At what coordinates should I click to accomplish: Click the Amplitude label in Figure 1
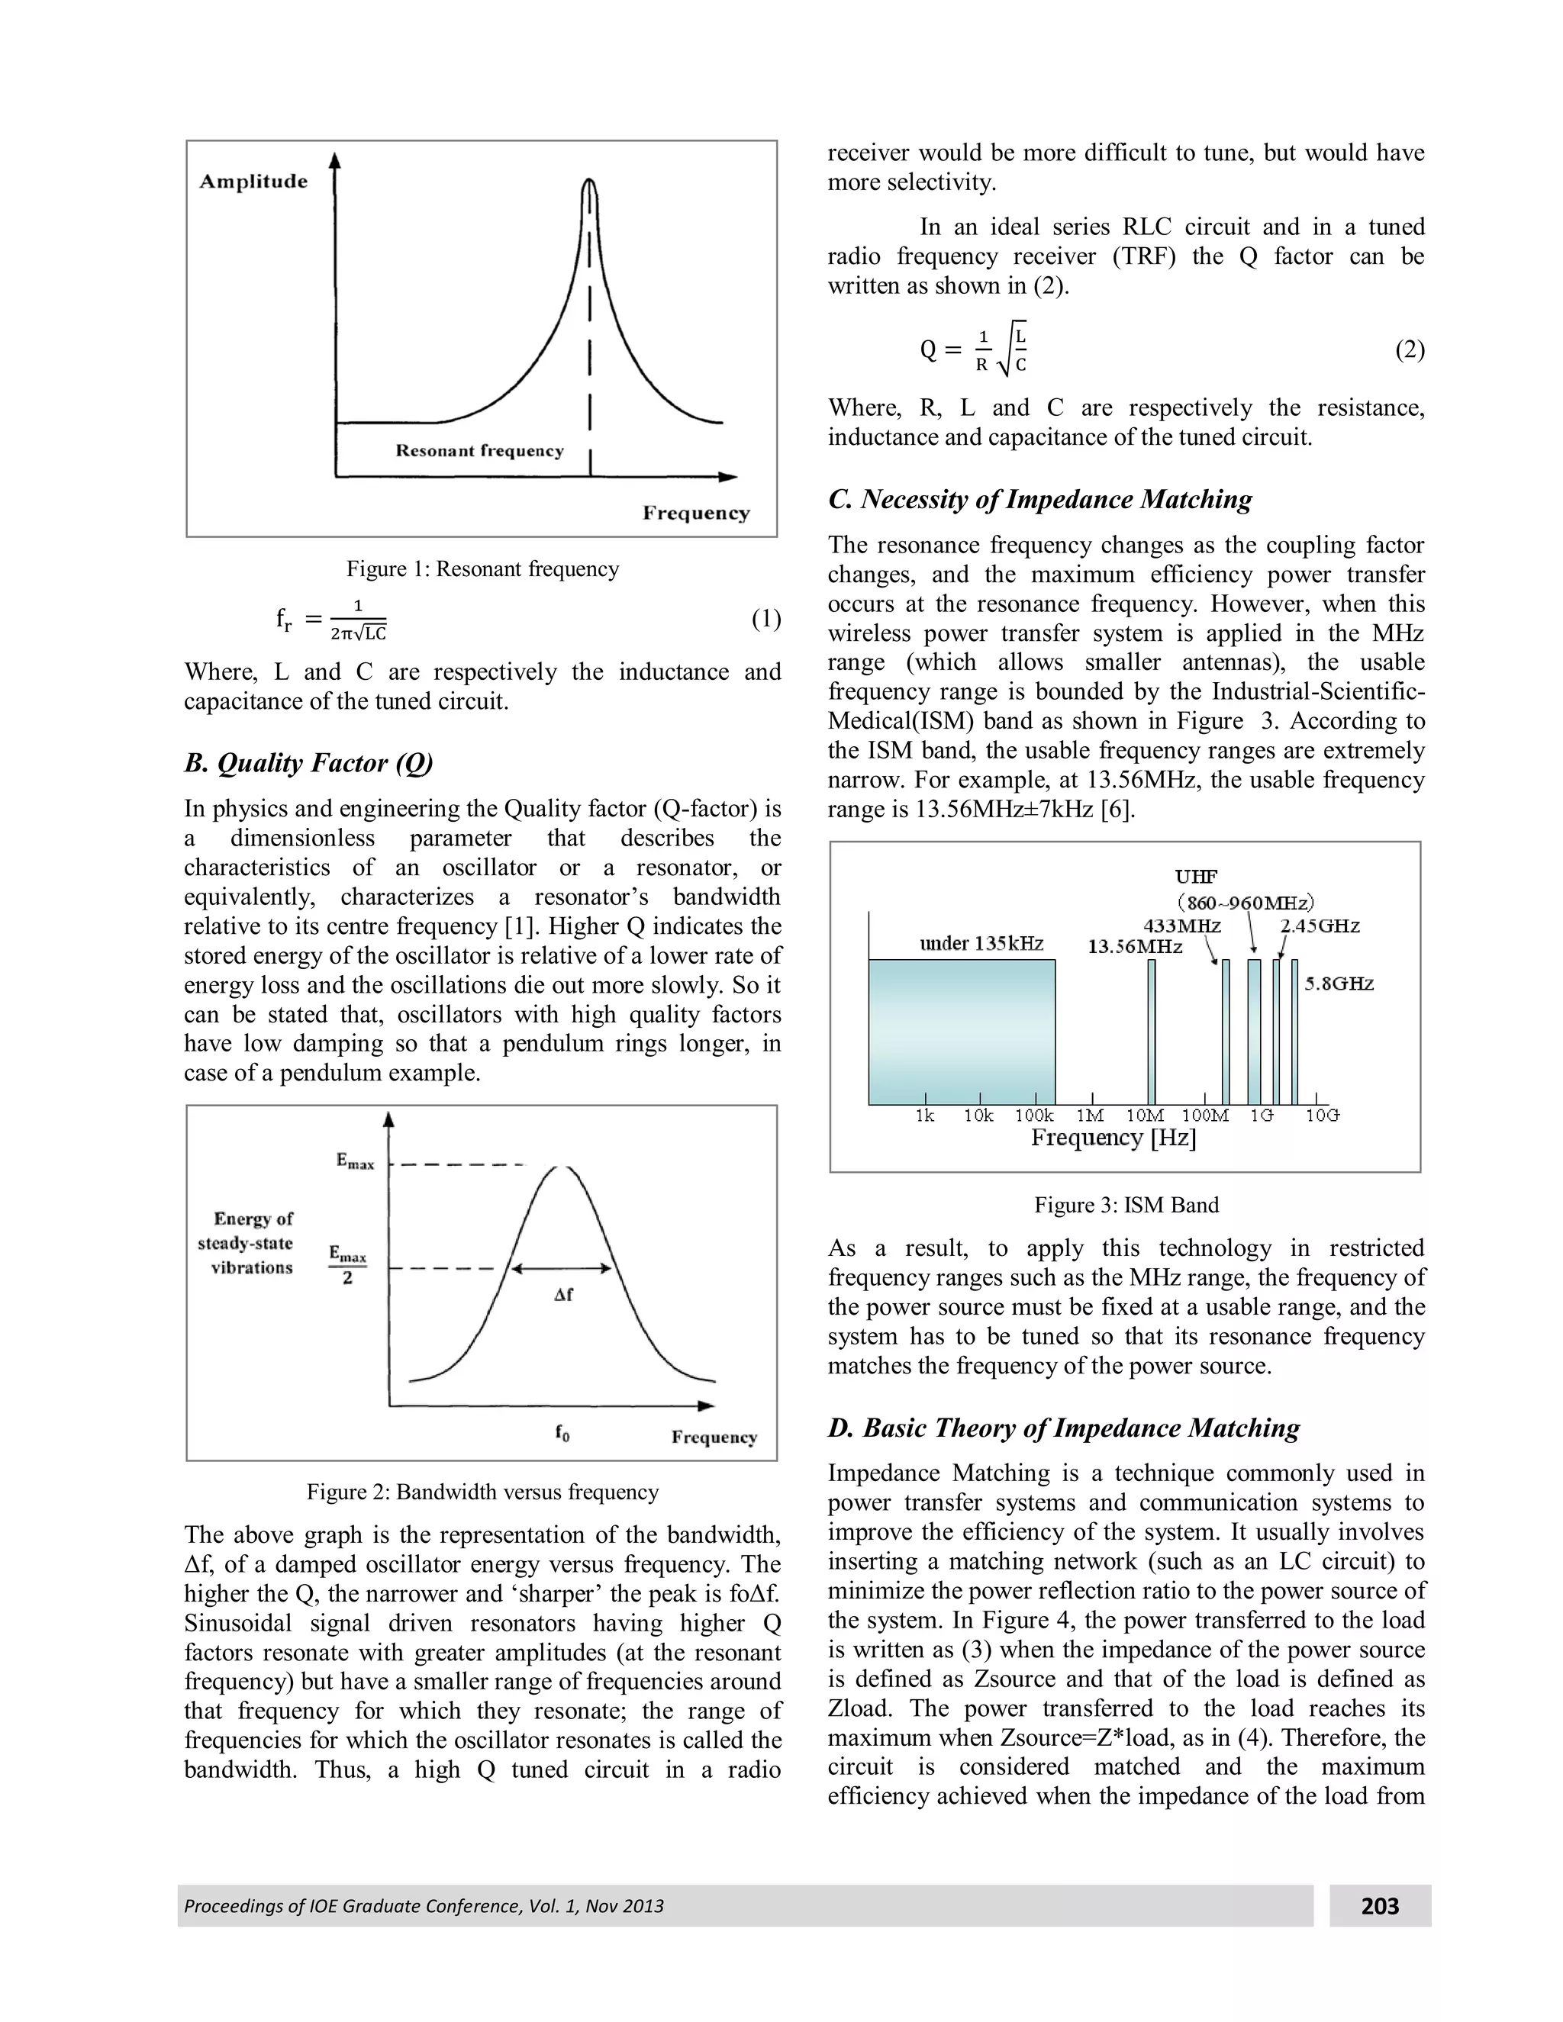coord(253,182)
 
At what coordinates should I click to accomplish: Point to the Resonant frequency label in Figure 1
coord(479,451)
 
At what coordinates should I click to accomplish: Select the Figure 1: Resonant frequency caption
coord(482,568)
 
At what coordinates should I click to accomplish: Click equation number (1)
coord(765,619)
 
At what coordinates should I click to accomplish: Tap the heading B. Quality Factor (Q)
coord(308,763)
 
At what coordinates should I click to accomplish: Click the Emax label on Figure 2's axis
coord(355,1161)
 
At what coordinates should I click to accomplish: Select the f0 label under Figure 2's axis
coord(562,1433)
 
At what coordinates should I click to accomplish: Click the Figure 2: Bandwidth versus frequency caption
coord(482,1492)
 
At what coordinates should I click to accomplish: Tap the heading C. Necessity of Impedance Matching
coord(1039,500)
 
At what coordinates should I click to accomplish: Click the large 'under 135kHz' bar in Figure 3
coord(961,1032)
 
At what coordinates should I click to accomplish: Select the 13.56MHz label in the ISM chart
coord(1134,947)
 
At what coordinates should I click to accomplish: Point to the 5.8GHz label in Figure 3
coord(1339,984)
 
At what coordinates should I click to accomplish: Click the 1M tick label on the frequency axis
coord(1090,1116)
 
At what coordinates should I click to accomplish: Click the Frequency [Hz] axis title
coord(1113,1138)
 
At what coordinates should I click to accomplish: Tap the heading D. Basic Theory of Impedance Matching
coord(1063,1428)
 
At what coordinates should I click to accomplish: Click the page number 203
coord(1380,1906)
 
